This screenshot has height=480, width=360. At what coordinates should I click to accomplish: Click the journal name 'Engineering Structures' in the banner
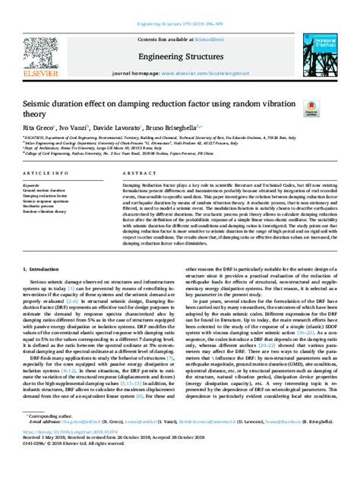pyautogui.click(x=179, y=35)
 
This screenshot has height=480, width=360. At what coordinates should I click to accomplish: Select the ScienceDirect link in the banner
pyautogui.click(x=205, y=17)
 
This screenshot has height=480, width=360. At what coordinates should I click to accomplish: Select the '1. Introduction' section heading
pyautogui.click(x=43, y=269)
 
